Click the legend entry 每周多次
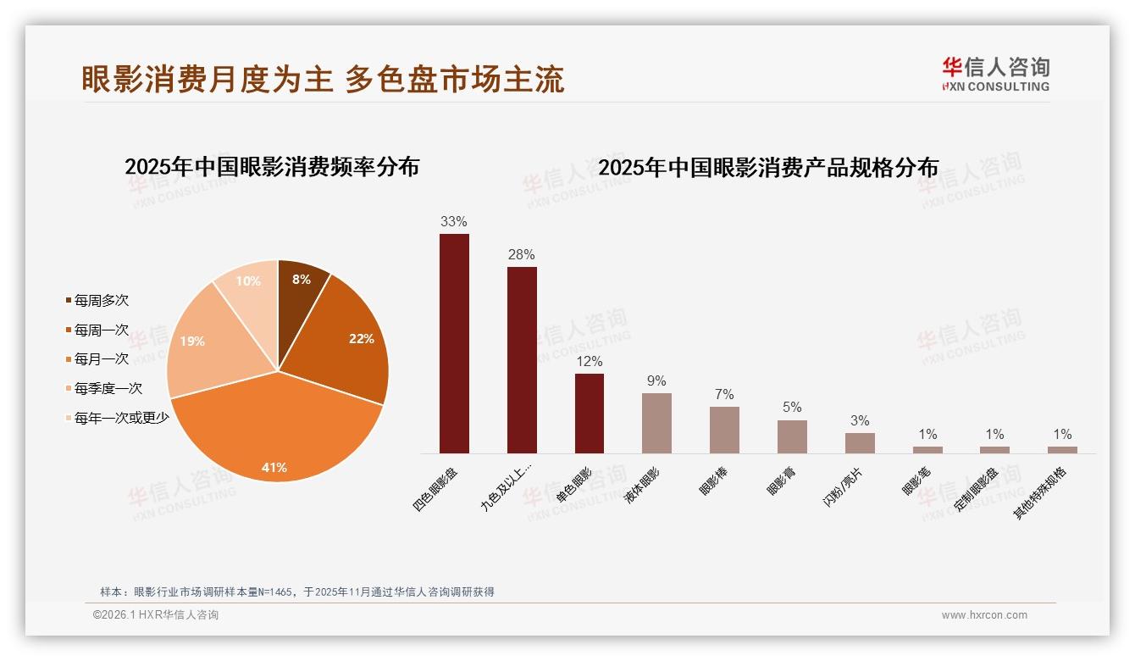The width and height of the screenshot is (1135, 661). tap(101, 301)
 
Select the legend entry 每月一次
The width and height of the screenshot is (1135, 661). tap(101, 359)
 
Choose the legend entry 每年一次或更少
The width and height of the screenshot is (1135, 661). tap(121, 418)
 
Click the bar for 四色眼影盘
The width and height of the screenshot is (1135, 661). tap(454, 343)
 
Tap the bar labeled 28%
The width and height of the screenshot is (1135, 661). tap(522, 360)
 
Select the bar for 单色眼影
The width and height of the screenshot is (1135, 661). tap(590, 414)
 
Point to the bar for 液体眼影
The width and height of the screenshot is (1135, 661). tap(656, 423)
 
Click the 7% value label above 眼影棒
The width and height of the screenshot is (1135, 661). tap(724, 395)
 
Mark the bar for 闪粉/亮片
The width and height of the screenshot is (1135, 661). tap(860, 443)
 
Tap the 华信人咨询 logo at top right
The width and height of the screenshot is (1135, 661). tap(995, 74)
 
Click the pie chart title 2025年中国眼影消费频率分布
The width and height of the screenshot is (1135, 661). tap(272, 167)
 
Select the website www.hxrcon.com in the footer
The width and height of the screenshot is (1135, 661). tap(984, 615)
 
